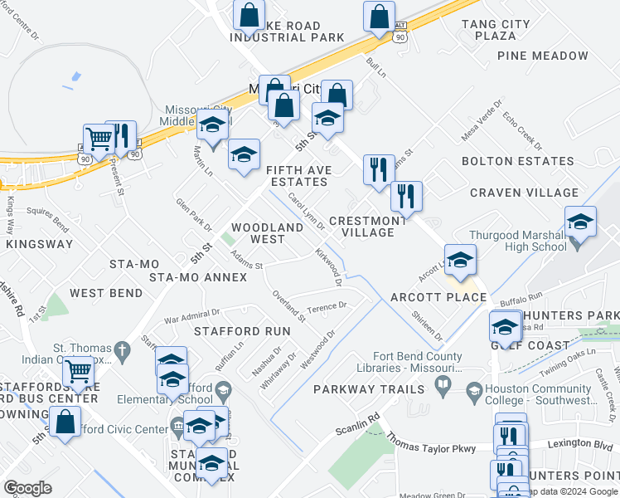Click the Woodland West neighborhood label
click(269, 233)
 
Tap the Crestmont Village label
click(368, 227)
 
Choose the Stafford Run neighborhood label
click(242, 331)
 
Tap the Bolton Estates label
click(517, 161)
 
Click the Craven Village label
click(524, 193)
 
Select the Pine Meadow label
click(543, 56)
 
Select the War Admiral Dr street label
click(191, 315)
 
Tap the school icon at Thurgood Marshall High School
click(580, 222)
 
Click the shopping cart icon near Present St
click(99, 139)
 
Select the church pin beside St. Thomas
click(123, 348)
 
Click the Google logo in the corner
click(28, 488)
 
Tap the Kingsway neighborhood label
click(40, 245)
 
